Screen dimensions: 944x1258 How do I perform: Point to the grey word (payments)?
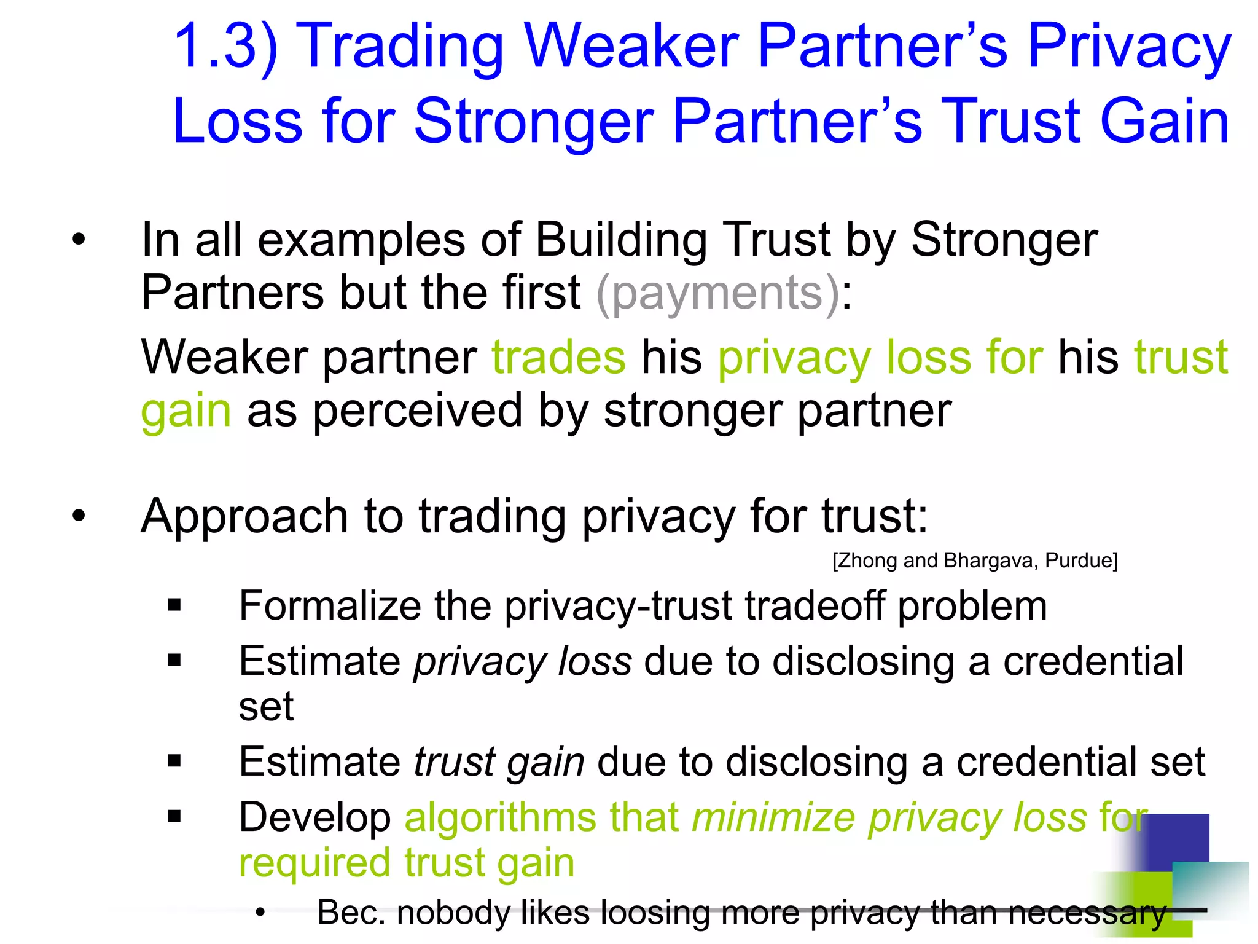717,294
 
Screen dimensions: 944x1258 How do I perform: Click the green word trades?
558,357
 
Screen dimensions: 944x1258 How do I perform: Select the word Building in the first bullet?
620,240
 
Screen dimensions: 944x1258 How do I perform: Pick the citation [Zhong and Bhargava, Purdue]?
975,560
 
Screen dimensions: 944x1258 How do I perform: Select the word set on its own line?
266,707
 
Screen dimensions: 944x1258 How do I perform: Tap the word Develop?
314,817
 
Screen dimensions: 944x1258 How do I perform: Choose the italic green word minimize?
773,817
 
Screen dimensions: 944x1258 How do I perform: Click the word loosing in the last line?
652,912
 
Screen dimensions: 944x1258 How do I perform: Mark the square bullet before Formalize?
174,605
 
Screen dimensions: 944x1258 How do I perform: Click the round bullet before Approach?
78,516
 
